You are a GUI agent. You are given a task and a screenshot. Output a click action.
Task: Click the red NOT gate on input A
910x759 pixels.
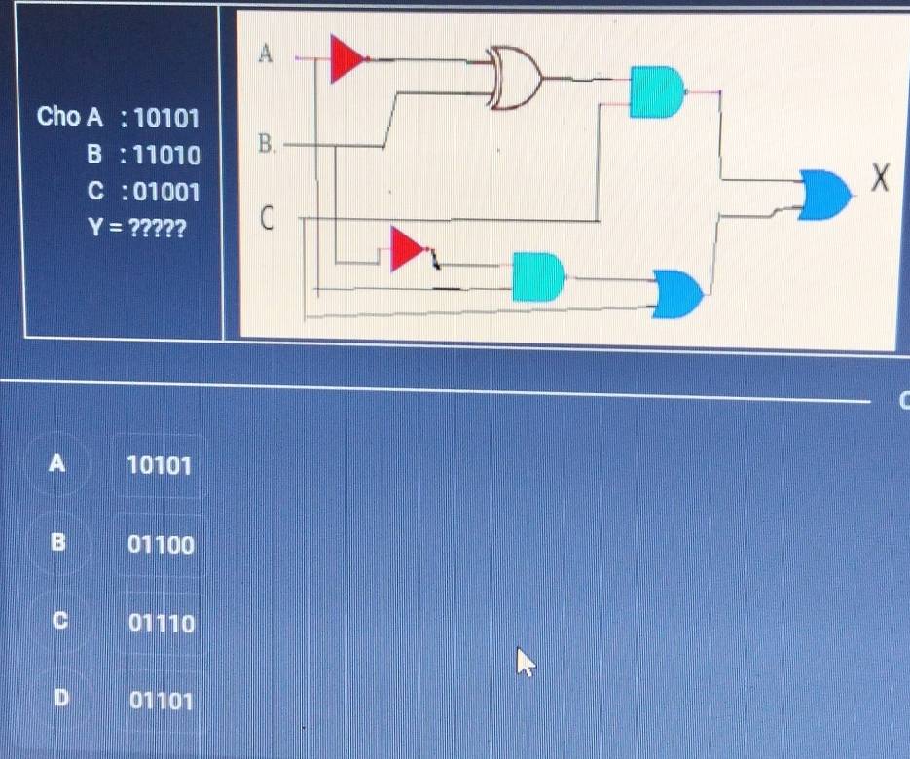click(x=346, y=60)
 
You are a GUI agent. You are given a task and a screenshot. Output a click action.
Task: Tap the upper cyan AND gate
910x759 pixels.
click(x=657, y=92)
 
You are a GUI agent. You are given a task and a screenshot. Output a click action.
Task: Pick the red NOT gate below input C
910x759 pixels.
click(x=408, y=248)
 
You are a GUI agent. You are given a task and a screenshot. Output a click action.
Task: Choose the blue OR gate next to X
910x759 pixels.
click(x=825, y=195)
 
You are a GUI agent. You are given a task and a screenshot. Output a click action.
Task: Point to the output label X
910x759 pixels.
click(x=879, y=179)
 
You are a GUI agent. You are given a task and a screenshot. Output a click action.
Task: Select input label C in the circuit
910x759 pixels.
click(x=268, y=220)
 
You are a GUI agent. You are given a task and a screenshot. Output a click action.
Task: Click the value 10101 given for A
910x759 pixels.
click(x=166, y=119)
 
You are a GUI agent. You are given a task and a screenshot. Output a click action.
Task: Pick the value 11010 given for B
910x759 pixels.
click(x=167, y=155)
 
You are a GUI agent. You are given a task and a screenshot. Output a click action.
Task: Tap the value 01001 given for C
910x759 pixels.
click(x=166, y=192)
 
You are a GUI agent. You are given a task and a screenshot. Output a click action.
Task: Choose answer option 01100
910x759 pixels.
click(x=161, y=545)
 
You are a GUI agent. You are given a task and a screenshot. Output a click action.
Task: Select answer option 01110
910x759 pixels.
click(x=161, y=622)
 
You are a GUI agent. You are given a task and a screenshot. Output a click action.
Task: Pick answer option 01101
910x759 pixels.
click(x=161, y=700)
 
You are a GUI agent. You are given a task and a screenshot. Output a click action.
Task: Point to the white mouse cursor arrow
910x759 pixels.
click(x=525, y=665)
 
